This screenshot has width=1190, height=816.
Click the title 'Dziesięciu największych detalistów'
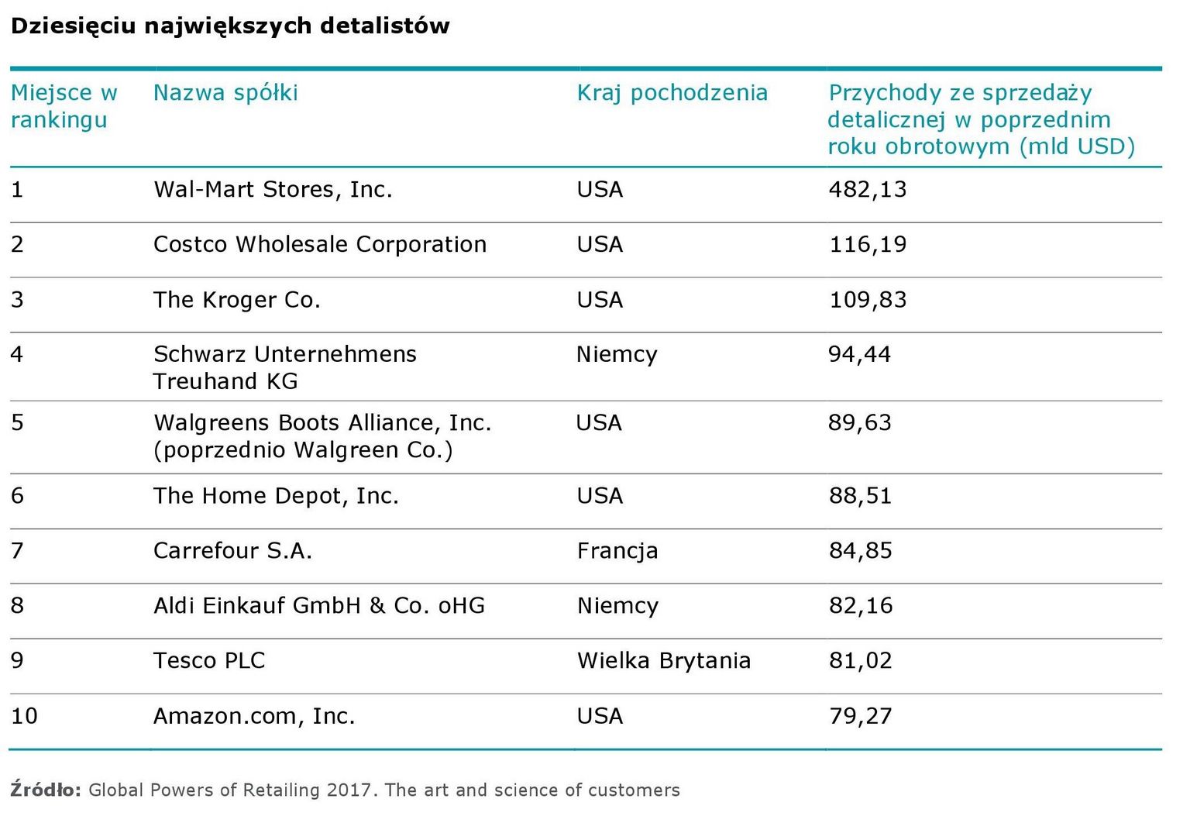pyautogui.click(x=230, y=26)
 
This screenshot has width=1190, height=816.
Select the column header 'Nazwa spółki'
pyautogui.click(x=225, y=93)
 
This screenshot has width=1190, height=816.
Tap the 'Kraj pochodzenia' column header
pyautogui.click(x=672, y=93)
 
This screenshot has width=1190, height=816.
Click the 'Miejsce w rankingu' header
pyautogui.click(x=64, y=106)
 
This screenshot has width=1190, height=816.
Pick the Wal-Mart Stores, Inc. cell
pyautogui.click(x=273, y=190)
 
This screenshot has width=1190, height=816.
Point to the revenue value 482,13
pyautogui.click(x=867, y=190)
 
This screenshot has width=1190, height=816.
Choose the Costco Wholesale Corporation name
pyautogui.click(x=320, y=245)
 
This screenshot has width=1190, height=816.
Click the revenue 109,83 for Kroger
pyautogui.click(x=867, y=300)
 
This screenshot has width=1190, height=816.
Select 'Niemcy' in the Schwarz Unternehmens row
pyautogui.click(x=617, y=355)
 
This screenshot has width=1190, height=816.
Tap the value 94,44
pyautogui.click(x=859, y=355)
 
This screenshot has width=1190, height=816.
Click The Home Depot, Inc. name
pyautogui.click(x=276, y=496)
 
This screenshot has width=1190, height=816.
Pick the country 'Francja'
pyautogui.click(x=617, y=551)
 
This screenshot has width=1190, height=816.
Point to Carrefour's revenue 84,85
pyautogui.click(x=860, y=551)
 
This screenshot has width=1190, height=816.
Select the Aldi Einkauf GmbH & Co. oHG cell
pyautogui.click(x=319, y=606)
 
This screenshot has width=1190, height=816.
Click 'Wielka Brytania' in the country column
pyautogui.click(x=664, y=661)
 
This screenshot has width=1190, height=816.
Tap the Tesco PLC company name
pyautogui.click(x=209, y=661)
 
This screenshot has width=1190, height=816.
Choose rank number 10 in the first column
pyautogui.click(x=24, y=716)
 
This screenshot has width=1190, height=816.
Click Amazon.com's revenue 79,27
pyautogui.click(x=860, y=716)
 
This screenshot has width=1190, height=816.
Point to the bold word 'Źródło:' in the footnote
pyautogui.click(x=46, y=790)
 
